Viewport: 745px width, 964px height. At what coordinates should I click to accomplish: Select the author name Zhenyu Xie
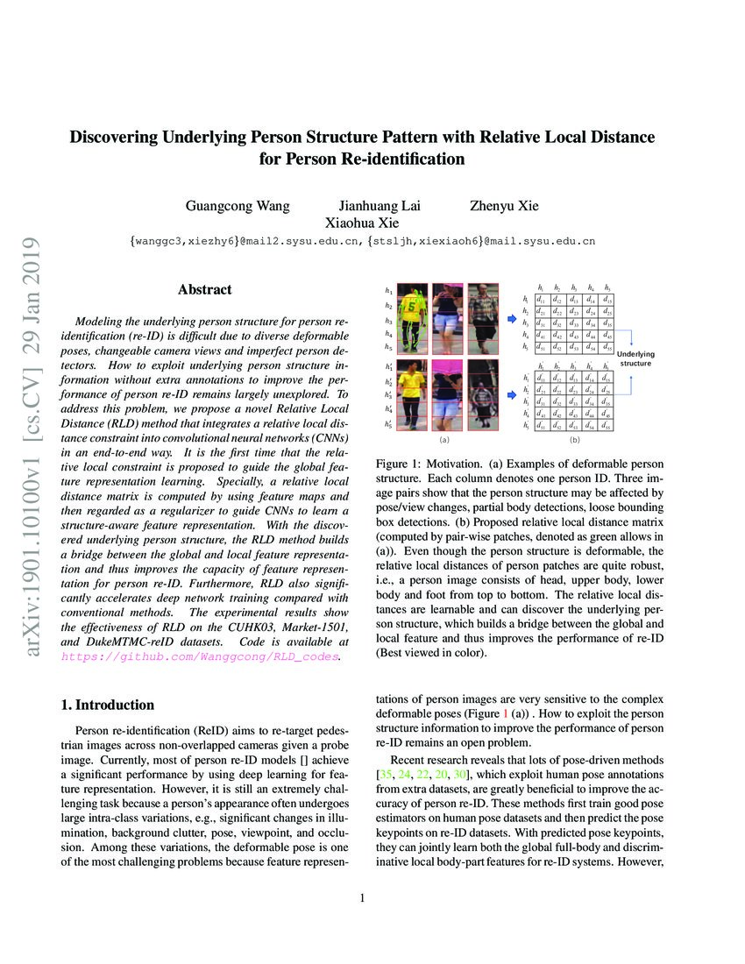tap(504, 206)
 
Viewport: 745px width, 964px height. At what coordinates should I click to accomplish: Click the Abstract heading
tap(204, 289)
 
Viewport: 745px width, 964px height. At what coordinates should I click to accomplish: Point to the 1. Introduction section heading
tap(106, 705)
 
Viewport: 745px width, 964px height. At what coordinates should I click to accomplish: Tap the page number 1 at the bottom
tap(362, 897)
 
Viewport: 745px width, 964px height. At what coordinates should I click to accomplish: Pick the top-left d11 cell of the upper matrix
tap(543, 300)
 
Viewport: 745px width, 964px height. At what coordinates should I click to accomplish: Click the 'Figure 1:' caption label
tap(400, 462)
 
